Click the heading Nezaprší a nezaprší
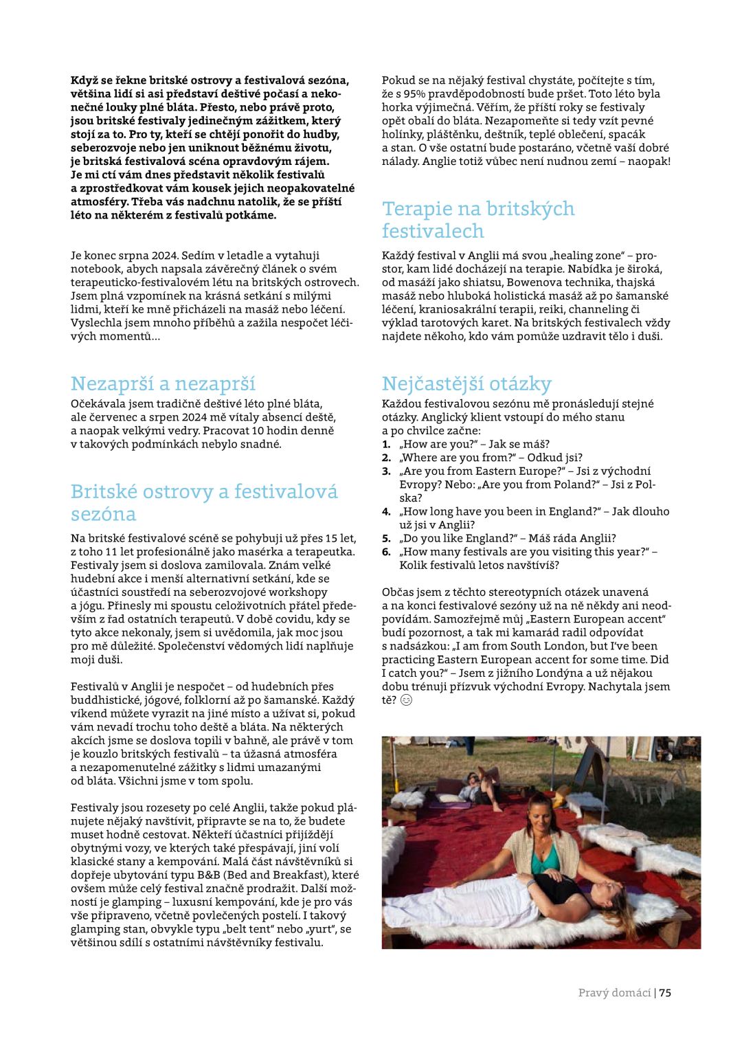[x=163, y=383]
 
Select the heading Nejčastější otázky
[x=466, y=383]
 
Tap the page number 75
[x=665, y=992]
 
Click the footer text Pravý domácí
[x=614, y=992]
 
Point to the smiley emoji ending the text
[x=406, y=700]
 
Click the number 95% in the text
[x=416, y=93]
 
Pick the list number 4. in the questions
[x=386, y=511]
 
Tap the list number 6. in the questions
[x=386, y=552]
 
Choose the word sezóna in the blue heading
[x=103, y=514]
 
